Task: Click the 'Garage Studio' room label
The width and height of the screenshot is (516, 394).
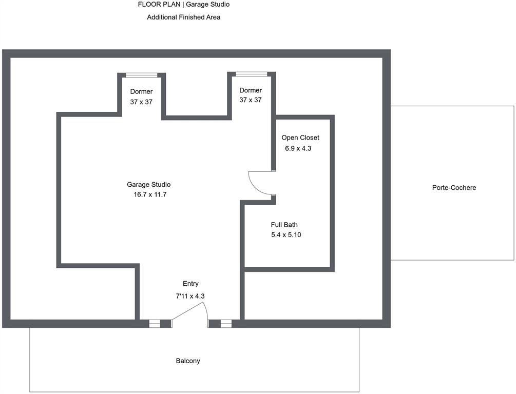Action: [148, 185]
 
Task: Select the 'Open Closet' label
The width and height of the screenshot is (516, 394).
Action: [300, 138]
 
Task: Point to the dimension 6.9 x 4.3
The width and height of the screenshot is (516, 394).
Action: [298, 148]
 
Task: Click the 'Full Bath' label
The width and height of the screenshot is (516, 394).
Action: [284, 225]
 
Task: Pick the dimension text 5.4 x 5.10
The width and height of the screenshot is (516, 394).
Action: [285, 235]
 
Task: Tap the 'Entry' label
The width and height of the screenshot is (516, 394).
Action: [190, 284]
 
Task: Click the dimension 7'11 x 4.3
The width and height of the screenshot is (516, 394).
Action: [190, 296]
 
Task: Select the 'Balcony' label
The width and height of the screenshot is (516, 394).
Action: [188, 361]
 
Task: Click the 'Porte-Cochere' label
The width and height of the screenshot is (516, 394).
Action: [454, 188]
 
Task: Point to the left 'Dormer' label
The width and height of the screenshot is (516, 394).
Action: [141, 92]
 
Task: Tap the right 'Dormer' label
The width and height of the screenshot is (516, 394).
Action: [251, 90]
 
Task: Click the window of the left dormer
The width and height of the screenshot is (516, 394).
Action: [142, 75]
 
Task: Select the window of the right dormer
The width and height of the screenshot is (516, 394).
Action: [252, 74]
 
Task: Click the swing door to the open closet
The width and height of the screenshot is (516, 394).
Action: [259, 183]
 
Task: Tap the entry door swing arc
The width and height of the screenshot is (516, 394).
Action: [193, 311]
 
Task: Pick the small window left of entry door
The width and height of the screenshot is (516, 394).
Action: [155, 324]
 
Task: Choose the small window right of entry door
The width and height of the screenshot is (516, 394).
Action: [226, 324]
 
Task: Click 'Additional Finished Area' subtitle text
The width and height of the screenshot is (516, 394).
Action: [183, 17]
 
